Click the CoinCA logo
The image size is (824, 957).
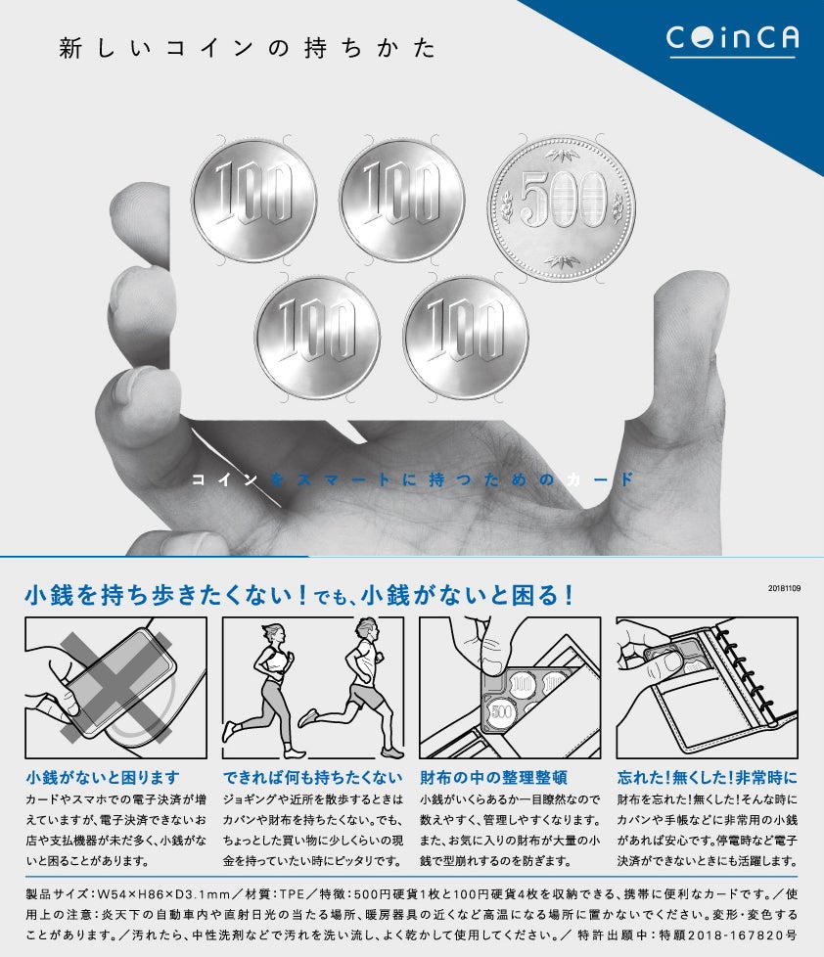732,40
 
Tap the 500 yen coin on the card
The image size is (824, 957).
562,208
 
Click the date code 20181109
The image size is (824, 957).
784,588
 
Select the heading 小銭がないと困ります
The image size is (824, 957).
103,778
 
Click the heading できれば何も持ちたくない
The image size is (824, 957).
312,778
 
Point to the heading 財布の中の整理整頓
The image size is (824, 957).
494,778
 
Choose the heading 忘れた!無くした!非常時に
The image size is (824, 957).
708,778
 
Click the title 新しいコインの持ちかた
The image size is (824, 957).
248,48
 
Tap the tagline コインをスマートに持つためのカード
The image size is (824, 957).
413,479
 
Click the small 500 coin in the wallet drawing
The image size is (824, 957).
502,711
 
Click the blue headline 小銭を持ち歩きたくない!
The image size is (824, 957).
166,595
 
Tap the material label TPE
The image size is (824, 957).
292,894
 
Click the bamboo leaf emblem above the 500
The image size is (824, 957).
562,154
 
